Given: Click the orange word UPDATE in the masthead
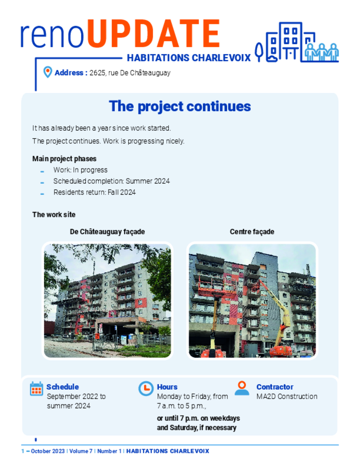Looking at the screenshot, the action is click(x=153, y=34).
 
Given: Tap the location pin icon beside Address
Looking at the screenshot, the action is click(x=47, y=72).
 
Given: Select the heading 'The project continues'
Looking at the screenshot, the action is click(x=180, y=106).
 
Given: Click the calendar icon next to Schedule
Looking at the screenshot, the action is click(x=36, y=389).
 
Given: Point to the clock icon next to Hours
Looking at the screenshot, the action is click(x=146, y=388).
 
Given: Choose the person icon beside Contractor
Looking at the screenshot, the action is click(x=242, y=388).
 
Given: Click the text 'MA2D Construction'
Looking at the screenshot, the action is click(x=287, y=397).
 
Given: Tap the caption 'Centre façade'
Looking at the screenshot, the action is click(x=252, y=232).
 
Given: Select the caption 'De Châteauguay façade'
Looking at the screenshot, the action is click(x=107, y=232).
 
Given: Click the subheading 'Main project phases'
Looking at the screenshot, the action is click(x=64, y=159).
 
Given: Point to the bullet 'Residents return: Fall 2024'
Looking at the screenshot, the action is click(x=95, y=192).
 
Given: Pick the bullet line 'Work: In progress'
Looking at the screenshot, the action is click(x=81, y=170).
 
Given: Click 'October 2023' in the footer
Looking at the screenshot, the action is click(x=47, y=451).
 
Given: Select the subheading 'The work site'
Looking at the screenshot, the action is click(x=54, y=215).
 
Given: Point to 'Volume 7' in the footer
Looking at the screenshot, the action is click(x=81, y=451).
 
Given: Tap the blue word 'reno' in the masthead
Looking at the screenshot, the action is click(x=52, y=36).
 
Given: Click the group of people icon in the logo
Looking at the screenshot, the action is click(x=322, y=52).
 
